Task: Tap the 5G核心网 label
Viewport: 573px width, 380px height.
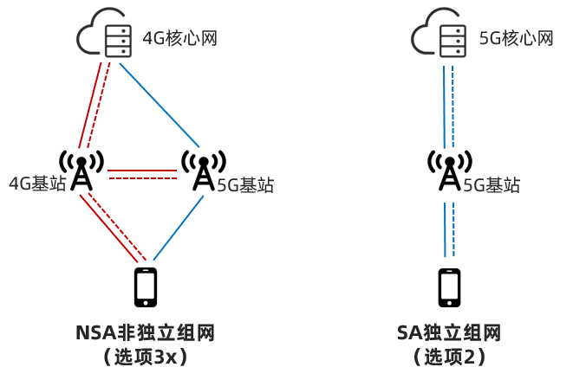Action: pyautogui.click(x=516, y=39)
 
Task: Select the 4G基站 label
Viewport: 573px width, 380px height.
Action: pyautogui.click(x=36, y=184)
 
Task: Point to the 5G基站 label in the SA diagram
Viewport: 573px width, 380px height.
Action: pyautogui.click(x=492, y=184)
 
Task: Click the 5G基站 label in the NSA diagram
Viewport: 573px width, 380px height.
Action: pyautogui.click(x=245, y=184)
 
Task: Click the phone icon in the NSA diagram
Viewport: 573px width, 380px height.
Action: pyautogui.click(x=146, y=287)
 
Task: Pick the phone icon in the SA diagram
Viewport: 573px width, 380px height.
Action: pyautogui.click(x=449, y=287)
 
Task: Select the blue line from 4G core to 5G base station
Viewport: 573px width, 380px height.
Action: pyautogui.click(x=160, y=104)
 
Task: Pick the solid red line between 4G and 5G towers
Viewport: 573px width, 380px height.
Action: pyautogui.click(x=142, y=170)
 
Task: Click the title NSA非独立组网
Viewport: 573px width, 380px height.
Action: pyautogui.click(x=145, y=333)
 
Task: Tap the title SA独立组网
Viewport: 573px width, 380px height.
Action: pyautogui.click(x=449, y=333)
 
